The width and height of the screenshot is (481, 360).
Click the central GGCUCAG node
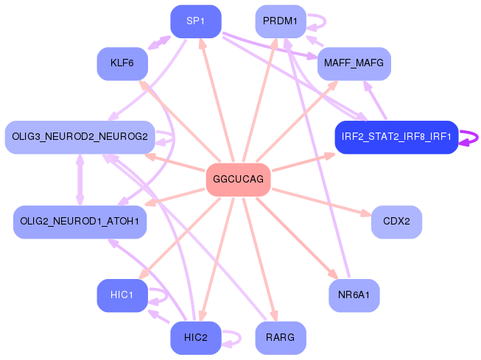point(237,180)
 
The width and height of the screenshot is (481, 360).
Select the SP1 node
point(195,21)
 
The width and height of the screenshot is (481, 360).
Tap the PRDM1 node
point(280,21)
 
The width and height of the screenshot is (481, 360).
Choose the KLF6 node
point(122,63)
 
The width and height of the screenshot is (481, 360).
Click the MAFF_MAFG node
point(354,63)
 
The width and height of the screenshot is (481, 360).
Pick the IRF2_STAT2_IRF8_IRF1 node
point(396,137)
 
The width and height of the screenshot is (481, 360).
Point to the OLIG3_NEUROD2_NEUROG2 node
point(80,137)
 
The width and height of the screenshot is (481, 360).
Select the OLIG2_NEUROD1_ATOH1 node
point(80,222)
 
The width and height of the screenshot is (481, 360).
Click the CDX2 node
point(396,222)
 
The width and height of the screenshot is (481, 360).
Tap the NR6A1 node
point(354,295)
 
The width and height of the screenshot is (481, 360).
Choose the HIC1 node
point(122,295)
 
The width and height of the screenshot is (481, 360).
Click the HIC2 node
point(195,338)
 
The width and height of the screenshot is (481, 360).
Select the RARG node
point(280,338)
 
